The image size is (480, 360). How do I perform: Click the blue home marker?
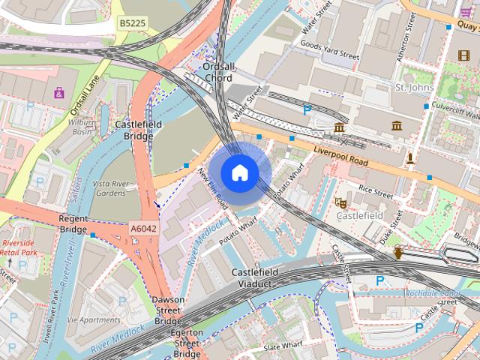coord(239,172)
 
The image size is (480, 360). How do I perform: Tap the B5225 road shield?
coord(133,24)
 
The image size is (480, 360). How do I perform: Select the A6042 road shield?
coord(142,228)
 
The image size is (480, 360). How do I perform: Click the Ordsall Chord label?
coord(218,72)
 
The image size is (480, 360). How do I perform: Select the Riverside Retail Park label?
coord(18,248)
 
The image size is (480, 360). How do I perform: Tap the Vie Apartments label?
coord(93,319)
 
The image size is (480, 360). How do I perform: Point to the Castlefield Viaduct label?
coord(255,277)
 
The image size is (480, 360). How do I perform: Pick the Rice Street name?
coord(375,191)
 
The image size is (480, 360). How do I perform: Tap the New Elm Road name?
coord(212,187)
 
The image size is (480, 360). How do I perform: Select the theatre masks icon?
coord(340,202)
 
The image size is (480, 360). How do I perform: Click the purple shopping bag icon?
coord(58,93)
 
